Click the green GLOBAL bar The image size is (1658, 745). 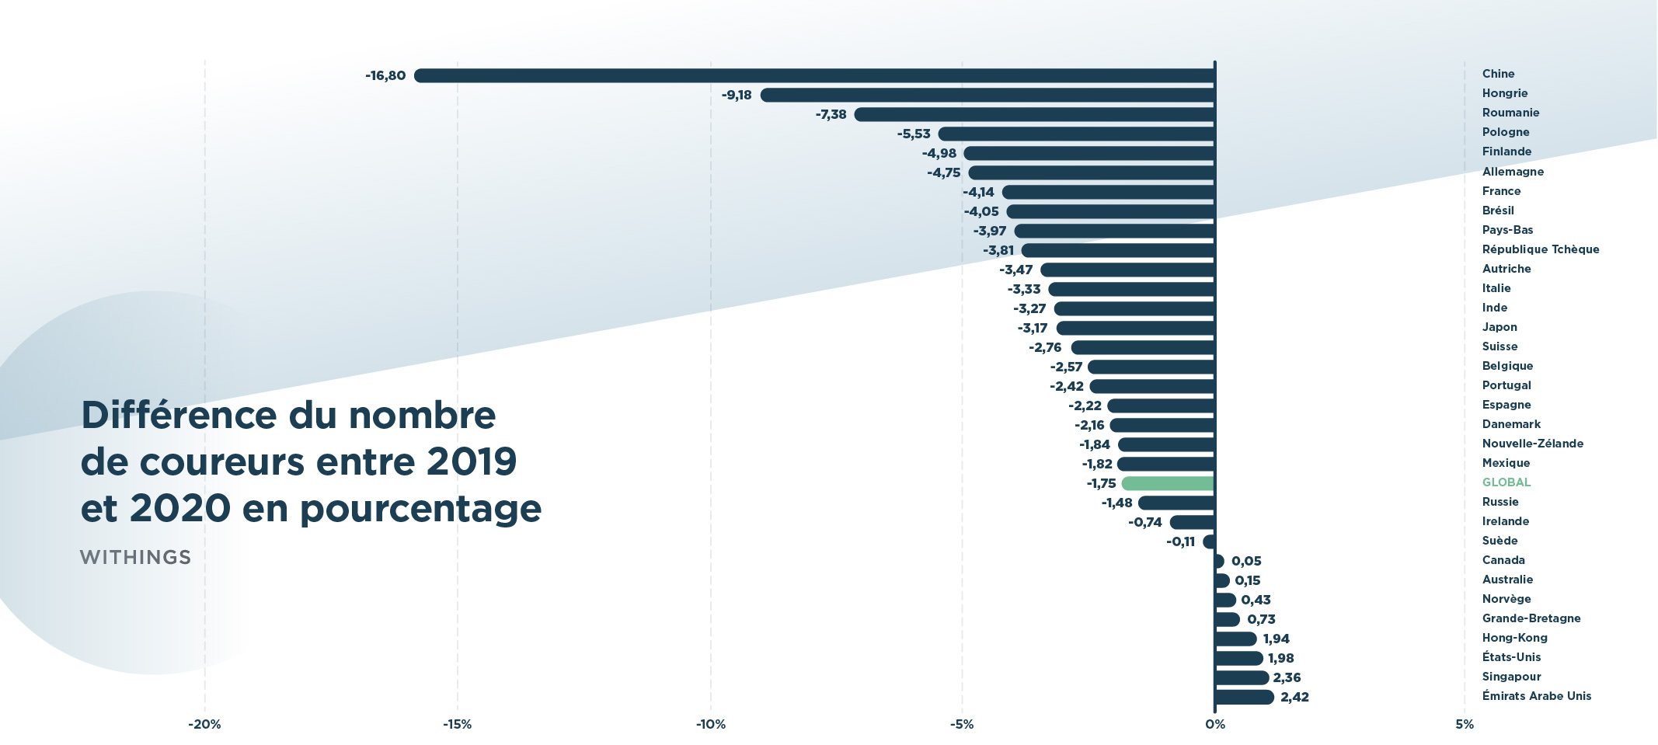(1168, 483)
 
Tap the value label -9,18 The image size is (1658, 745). (737, 95)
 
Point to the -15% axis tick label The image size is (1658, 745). (457, 724)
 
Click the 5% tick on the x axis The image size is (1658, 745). (1465, 724)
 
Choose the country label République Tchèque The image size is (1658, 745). (1540, 249)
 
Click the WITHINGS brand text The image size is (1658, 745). (135, 557)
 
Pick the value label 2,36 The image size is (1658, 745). (1287, 677)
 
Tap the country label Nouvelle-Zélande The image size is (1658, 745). (1532, 444)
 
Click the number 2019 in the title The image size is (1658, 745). (472, 462)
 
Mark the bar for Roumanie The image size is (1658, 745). (1034, 114)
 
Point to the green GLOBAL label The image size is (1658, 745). (1506, 482)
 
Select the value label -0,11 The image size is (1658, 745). (1180, 541)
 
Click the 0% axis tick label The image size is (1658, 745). (1214, 724)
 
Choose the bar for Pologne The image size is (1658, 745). (1076, 134)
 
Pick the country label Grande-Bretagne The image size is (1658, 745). (1531, 618)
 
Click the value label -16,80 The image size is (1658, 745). (385, 75)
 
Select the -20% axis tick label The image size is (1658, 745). (204, 724)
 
